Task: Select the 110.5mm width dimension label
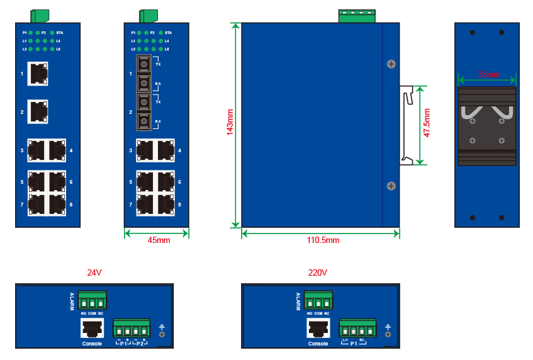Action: pyautogui.click(x=322, y=240)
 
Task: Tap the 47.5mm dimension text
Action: pyautogui.click(x=427, y=123)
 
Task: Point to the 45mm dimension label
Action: pyautogui.click(x=159, y=240)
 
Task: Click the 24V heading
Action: pyautogui.click(x=94, y=273)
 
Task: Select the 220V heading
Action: pyautogui.click(x=318, y=273)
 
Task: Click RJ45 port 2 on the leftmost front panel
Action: pyautogui.click(x=38, y=111)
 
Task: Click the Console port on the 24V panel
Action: pyautogui.click(x=92, y=329)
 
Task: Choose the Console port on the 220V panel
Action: pyautogui.click(x=318, y=329)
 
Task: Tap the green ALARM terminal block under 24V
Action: pyautogui.click(x=92, y=300)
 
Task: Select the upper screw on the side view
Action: pyautogui.click(x=391, y=64)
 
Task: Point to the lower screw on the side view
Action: pyautogui.click(x=391, y=186)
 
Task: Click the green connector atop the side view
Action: pyautogui.click(x=356, y=16)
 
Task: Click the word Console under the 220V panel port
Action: pyautogui.click(x=318, y=344)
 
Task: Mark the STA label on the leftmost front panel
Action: pyautogui.click(x=60, y=32)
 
